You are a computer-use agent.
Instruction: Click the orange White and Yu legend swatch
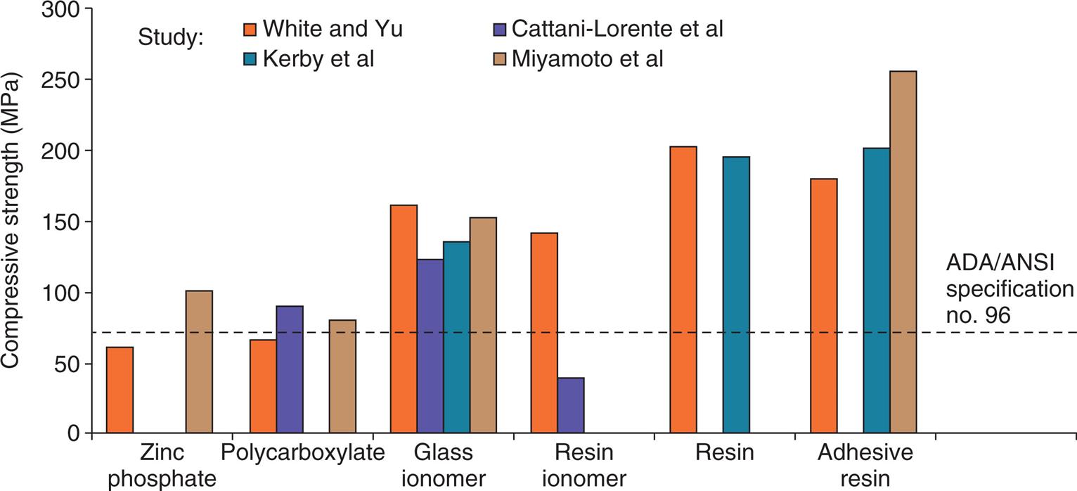247,30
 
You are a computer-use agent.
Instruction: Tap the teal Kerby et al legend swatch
247,59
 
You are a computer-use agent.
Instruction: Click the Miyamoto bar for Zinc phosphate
199,362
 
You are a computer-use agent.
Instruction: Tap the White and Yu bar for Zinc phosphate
120,390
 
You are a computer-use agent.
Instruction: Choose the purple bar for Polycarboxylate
289,369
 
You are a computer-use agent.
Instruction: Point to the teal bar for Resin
736,295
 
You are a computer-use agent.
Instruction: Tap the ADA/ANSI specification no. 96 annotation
1010,289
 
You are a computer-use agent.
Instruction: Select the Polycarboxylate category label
303,452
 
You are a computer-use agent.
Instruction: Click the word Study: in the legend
171,38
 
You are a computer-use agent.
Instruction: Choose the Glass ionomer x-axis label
444,465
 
